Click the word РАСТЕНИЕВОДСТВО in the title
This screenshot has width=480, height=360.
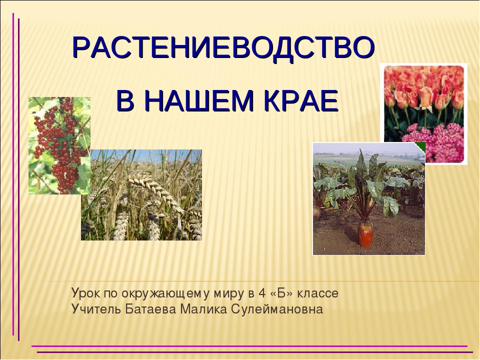[x=223, y=48]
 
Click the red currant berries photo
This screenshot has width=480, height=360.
[x=59, y=145]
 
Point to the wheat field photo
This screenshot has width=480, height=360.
[x=141, y=195]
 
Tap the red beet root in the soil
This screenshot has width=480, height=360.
[x=366, y=234]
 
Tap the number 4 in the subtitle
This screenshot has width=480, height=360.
[x=261, y=293]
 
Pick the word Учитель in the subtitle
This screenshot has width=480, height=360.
[x=96, y=309]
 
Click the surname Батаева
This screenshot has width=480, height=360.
[x=151, y=309]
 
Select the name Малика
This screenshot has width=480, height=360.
[x=203, y=309]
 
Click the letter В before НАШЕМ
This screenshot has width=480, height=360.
[x=125, y=100]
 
